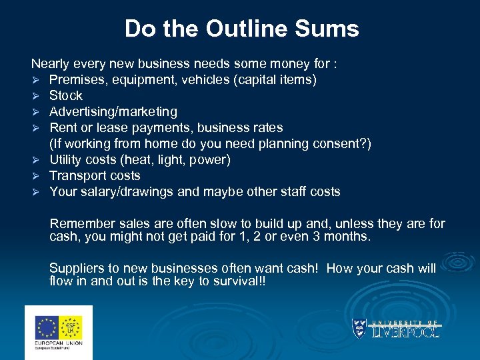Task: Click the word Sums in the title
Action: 330,29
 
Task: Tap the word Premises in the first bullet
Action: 75,80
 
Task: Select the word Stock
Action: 66,96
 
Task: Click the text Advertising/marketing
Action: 113,112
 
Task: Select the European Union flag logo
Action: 47,327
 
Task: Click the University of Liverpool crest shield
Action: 359,327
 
